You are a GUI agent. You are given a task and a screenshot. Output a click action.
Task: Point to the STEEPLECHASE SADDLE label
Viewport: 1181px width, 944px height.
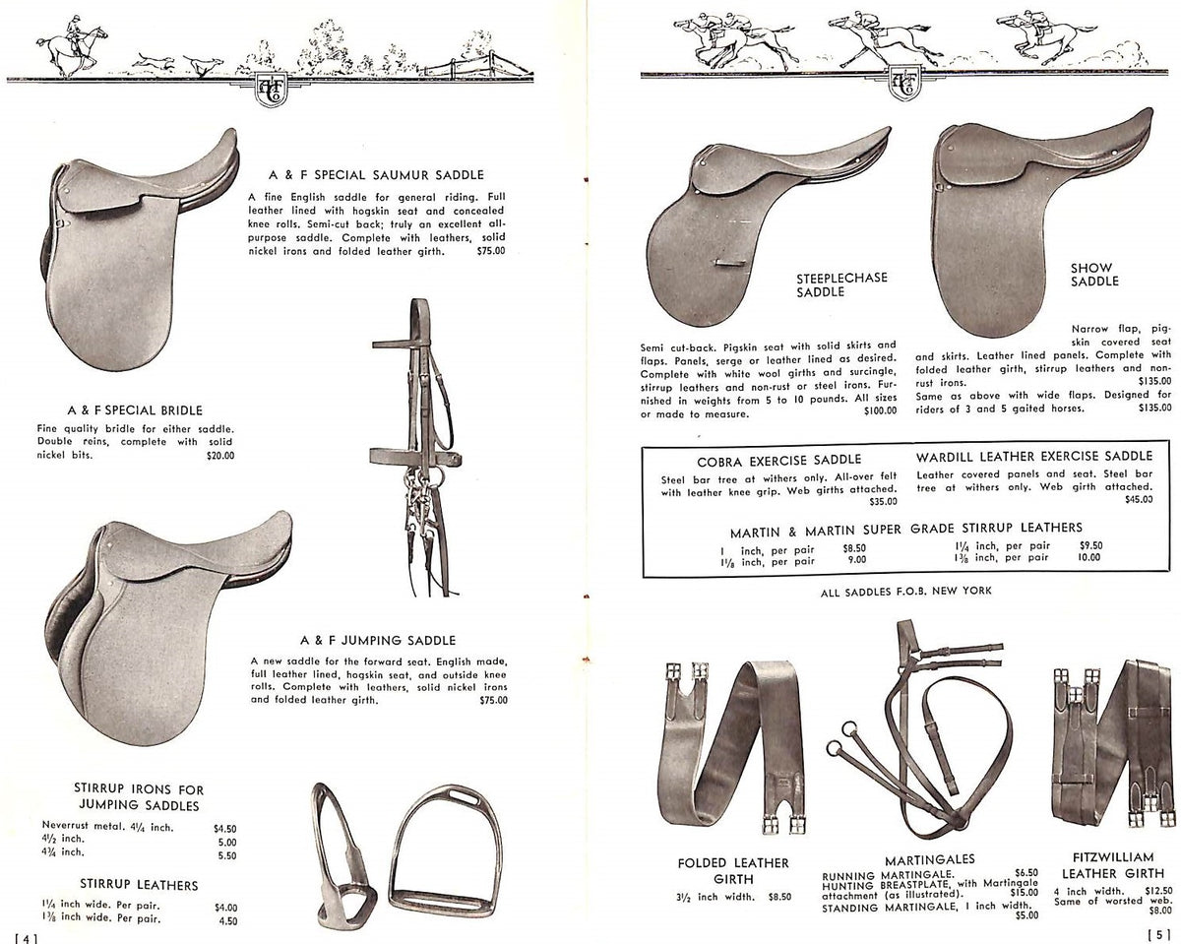[841, 284]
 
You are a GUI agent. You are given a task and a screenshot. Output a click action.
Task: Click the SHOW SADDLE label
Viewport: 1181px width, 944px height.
[1093, 274]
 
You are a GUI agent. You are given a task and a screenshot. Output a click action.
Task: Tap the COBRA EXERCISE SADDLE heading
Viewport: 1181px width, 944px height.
[778, 459]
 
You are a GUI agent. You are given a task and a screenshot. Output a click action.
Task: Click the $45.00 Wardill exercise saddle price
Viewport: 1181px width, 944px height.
[1139, 500]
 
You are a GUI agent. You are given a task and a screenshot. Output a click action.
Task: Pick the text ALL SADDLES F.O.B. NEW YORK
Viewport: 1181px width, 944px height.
[903, 591]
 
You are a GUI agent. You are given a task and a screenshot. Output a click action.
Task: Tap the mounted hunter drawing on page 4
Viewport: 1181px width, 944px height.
[71, 47]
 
